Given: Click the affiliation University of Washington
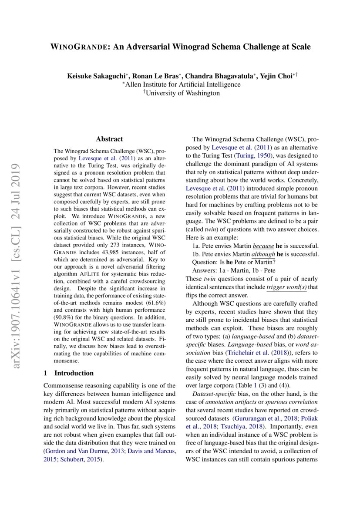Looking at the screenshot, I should coord(182,93).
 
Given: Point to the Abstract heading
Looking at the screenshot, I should coord(109,139).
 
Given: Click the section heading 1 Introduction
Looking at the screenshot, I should coord(69,373).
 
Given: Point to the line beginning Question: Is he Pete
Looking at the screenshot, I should coord(234,262).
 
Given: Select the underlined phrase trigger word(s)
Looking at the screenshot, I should coord(286,287).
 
